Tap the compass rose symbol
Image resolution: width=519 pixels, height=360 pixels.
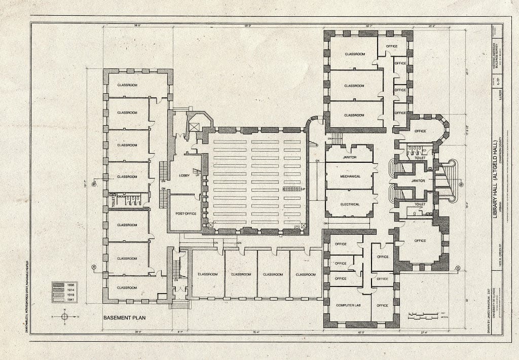[x=64, y=316]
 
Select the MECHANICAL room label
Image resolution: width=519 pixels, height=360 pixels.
[x=350, y=176]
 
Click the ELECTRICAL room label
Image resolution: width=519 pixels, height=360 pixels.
[x=350, y=204]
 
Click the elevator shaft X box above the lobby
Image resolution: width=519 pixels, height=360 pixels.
[x=194, y=126]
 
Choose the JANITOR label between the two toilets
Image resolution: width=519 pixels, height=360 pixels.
[x=418, y=181]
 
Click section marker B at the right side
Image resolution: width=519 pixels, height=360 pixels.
[x=461, y=185]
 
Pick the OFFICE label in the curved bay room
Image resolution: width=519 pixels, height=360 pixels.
[x=420, y=131]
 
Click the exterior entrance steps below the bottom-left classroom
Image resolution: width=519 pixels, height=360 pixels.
[x=180, y=304]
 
